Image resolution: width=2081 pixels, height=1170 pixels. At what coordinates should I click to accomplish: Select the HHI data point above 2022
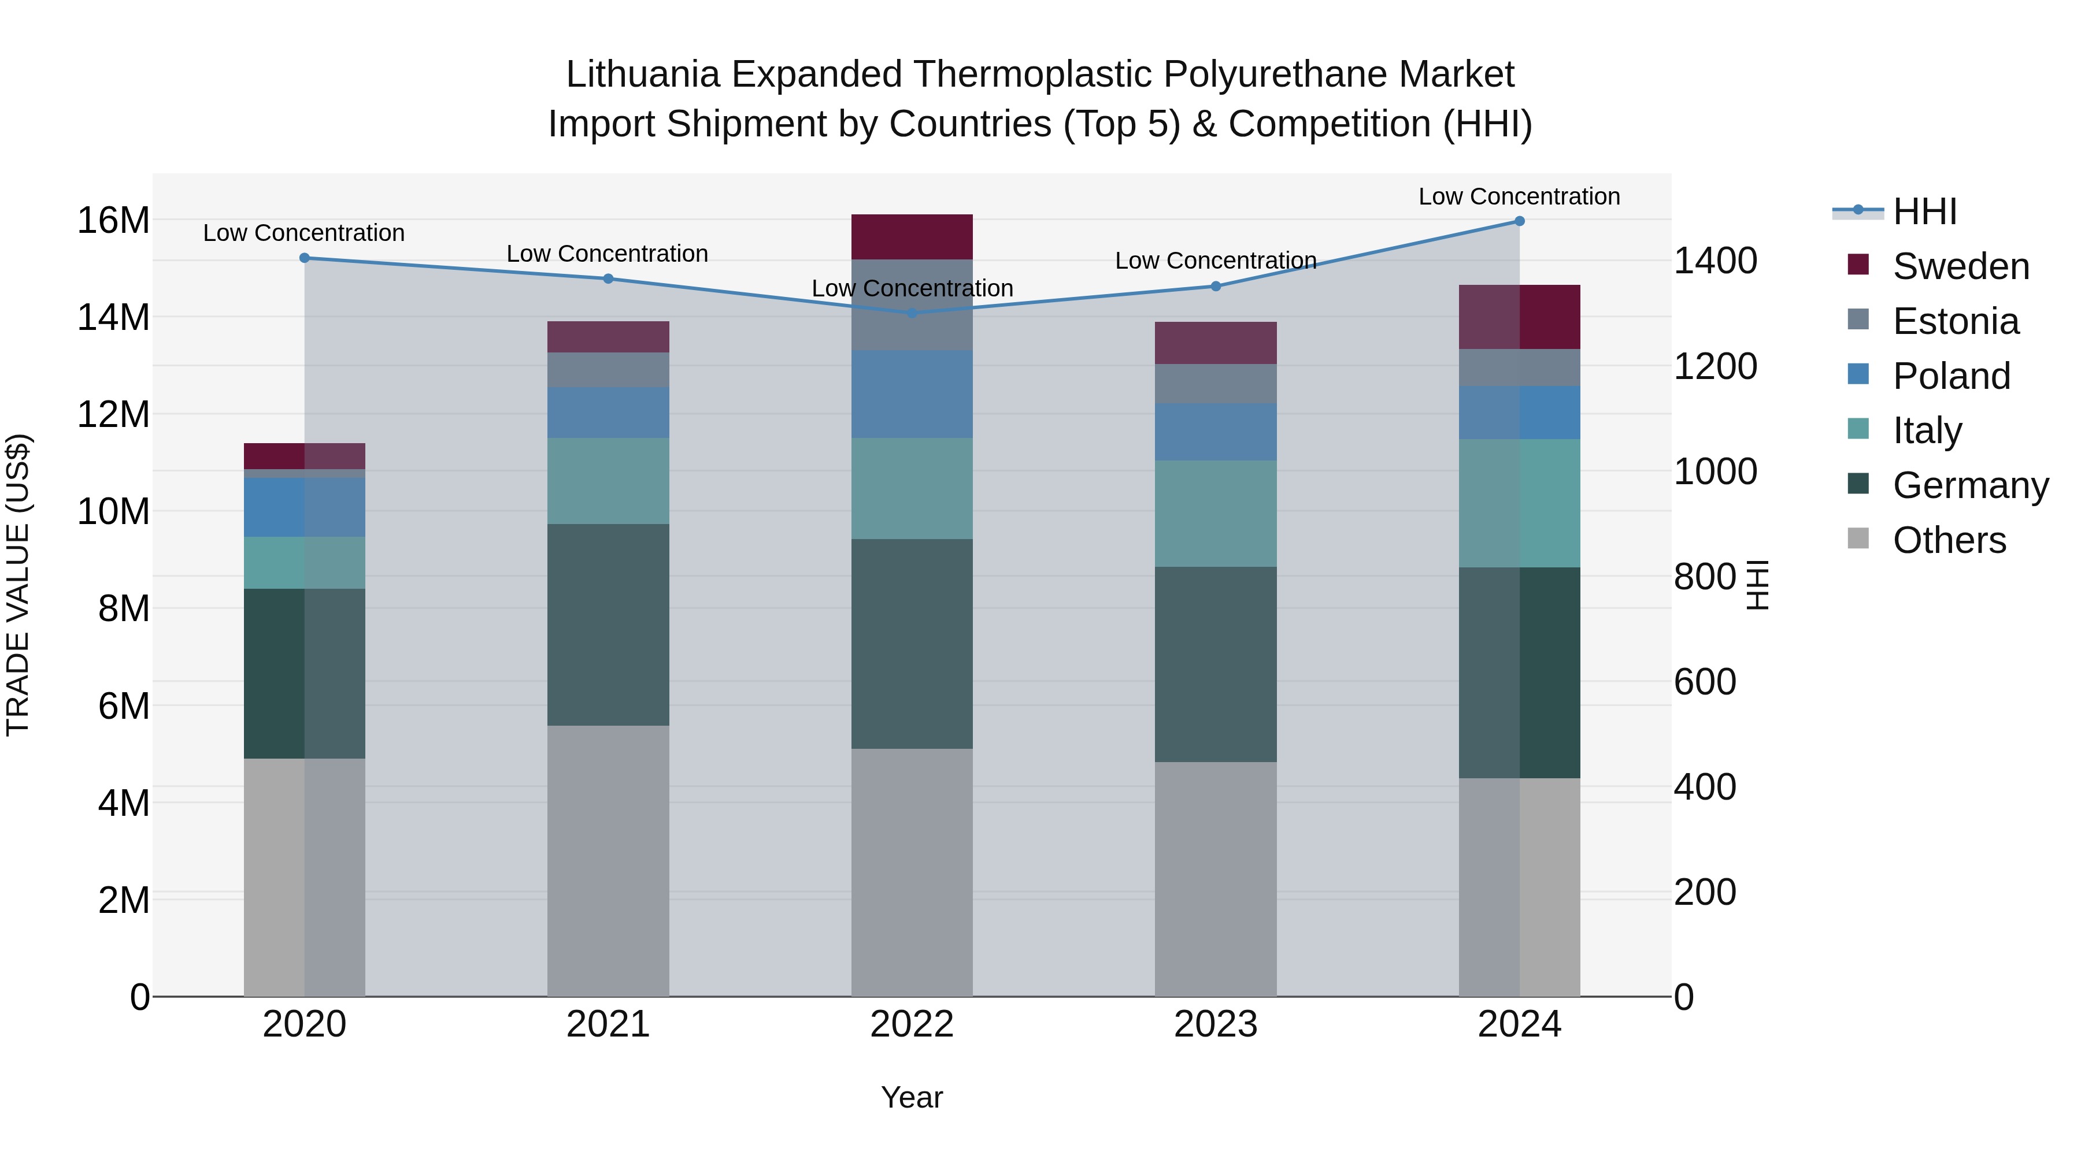point(912,313)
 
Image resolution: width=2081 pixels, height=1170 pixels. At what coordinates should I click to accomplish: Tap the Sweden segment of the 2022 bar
point(912,236)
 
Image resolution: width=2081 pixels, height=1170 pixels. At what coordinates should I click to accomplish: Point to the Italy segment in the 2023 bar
point(1216,514)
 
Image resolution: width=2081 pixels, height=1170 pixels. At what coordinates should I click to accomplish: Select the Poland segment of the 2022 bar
point(912,394)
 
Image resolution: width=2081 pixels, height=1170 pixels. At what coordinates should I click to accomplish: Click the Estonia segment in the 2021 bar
point(608,370)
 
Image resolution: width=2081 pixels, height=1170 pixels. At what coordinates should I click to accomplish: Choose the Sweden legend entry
point(1961,266)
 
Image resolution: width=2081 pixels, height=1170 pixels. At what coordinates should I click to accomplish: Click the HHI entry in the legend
point(1924,211)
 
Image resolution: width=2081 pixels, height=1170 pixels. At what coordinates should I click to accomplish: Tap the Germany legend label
point(1971,485)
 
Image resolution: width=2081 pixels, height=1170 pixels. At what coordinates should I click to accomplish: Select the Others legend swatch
point(1858,538)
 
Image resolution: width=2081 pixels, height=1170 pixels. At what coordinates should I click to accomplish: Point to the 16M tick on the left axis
point(113,221)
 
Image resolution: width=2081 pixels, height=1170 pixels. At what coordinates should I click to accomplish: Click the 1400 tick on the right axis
point(1715,261)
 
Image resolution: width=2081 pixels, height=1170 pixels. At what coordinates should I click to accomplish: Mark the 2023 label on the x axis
point(1216,1024)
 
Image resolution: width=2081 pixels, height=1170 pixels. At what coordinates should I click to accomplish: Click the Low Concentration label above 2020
point(303,232)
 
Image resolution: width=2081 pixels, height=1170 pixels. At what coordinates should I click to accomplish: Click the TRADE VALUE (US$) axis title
point(18,585)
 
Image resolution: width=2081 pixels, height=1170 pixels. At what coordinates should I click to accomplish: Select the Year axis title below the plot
point(912,1097)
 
